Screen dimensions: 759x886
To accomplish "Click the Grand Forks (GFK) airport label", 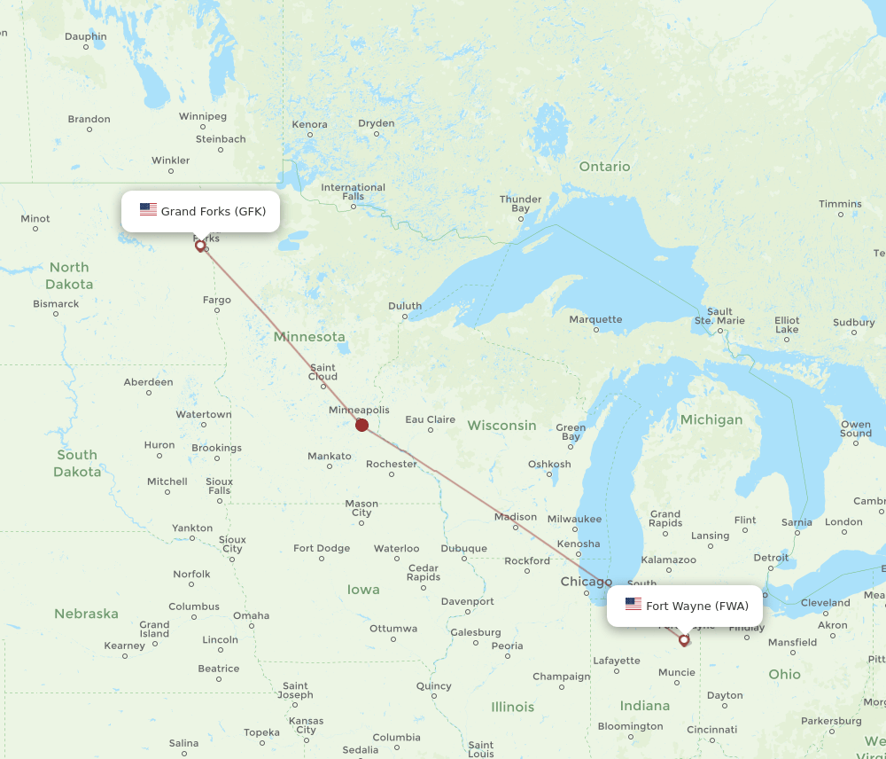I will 213,211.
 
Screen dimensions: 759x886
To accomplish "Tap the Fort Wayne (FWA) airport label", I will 696,606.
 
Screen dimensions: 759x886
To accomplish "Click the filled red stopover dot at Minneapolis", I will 361,425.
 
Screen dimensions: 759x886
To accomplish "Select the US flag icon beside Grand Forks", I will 148,210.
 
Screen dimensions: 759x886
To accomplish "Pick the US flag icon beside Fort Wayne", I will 633,606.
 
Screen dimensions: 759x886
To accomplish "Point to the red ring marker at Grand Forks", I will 200,246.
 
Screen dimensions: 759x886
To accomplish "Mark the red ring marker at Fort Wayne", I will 683,639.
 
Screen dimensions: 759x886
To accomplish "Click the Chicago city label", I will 586,582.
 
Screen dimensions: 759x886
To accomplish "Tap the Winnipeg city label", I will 203,116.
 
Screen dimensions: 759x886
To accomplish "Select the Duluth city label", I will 405,306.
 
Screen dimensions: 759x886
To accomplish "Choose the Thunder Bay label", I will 520,204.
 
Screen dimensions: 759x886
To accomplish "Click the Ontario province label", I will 604,167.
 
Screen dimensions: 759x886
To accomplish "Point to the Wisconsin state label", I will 501,426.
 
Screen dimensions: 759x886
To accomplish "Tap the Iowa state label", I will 363,590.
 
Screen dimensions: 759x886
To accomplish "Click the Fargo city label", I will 216,300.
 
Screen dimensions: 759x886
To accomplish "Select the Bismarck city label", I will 56,303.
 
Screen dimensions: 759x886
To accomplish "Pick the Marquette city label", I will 595,319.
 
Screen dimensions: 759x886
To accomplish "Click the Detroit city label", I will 771,558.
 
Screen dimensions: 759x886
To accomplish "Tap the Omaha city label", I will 251,615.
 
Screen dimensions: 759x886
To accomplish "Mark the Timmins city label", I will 839,204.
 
